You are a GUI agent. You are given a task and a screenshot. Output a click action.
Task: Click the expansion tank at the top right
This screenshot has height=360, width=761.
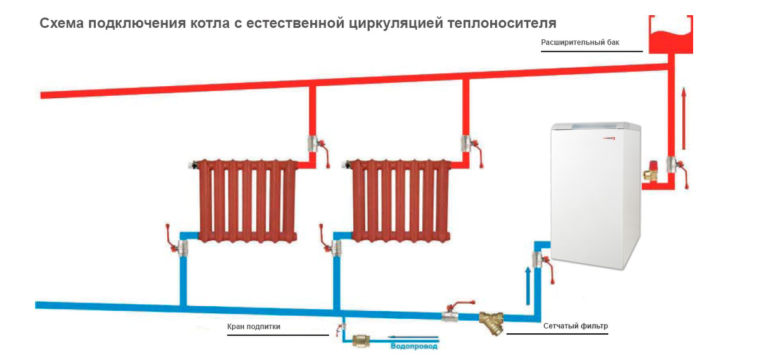coord(671,35)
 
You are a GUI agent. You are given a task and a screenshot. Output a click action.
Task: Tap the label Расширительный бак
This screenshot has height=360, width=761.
coord(580,43)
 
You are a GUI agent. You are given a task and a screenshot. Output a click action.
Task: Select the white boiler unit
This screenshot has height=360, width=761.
coord(595,196)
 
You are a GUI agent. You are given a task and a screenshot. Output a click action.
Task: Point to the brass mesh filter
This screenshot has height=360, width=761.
coord(491,323)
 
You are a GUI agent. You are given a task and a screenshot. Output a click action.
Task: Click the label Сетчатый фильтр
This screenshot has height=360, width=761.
coord(576,326)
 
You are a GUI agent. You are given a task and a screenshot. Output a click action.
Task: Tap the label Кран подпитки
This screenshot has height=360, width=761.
coord(254,326)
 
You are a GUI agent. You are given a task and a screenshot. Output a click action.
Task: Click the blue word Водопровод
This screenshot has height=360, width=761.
coord(413,347)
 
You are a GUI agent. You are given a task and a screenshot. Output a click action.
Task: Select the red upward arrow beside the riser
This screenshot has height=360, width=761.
coord(684,119)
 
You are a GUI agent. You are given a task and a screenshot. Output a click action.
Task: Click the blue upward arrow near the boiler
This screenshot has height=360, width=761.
coord(528,286)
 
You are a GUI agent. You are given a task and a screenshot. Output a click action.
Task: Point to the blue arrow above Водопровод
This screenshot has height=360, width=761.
coord(413,338)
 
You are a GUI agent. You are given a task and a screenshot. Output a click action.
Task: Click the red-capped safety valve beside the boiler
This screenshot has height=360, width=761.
coord(649,172)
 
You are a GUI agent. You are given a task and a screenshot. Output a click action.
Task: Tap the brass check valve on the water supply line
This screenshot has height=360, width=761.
coord(361,340)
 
